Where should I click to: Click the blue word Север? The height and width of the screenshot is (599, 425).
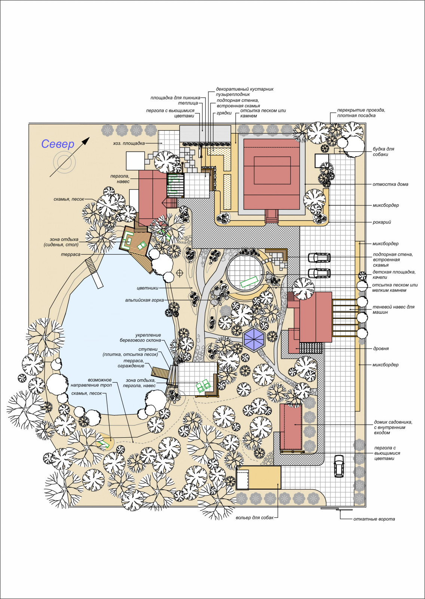58,144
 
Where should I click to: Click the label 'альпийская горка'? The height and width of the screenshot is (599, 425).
144,300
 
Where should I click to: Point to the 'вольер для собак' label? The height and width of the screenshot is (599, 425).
255,518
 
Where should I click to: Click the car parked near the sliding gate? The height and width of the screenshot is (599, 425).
339,466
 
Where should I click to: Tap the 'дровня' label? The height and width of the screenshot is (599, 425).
380,349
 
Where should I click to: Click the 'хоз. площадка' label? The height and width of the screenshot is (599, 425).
129,143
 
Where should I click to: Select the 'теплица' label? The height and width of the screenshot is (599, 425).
188,103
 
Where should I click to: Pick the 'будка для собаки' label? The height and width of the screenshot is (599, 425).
383,152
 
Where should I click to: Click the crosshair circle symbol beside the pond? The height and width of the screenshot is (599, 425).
180,273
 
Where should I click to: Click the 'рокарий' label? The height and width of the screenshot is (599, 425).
382,222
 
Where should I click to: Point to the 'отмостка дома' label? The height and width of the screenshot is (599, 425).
390,184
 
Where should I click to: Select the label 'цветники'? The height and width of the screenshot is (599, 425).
147,288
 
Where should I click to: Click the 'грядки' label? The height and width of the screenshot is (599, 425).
224,113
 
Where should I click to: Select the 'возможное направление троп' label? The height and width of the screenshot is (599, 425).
91,383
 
